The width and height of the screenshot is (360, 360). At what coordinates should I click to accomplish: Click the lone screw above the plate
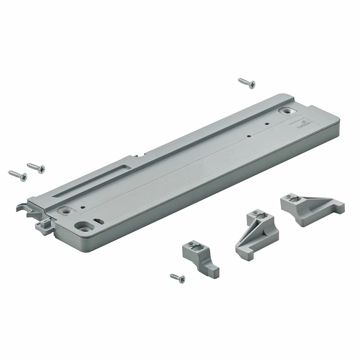(x=247, y=83)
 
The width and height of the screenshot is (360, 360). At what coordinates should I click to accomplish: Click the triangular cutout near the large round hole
(x=98, y=221)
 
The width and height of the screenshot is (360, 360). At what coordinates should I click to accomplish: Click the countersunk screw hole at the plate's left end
(x=65, y=211)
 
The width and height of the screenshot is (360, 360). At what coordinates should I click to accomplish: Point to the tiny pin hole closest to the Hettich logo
(x=266, y=123)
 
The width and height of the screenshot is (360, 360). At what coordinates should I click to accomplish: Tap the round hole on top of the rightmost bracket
(x=289, y=197)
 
